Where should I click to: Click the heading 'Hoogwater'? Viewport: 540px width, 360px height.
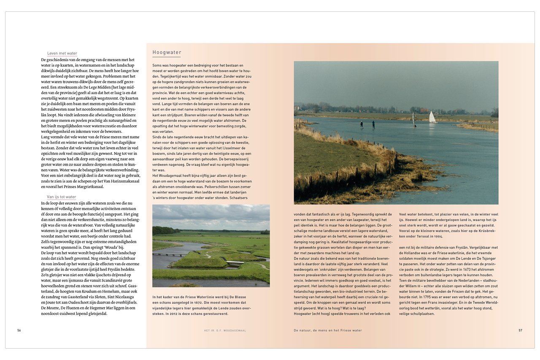coord(167,53)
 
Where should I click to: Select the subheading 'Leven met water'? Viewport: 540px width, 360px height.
coord(62,54)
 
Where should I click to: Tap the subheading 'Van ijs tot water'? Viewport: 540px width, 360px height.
coord(62,197)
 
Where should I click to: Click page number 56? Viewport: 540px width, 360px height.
coord(19,330)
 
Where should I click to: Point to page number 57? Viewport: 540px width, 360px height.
coord(520,330)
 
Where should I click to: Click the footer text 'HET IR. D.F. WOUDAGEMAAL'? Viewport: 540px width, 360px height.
coord(225,331)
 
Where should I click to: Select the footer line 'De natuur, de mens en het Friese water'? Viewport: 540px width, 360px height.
coord(328,330)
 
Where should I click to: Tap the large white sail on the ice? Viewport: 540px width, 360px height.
coord(432,117)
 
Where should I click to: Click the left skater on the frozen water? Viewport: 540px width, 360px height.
coord(361,124)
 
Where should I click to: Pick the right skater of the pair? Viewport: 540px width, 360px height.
coord(373,124)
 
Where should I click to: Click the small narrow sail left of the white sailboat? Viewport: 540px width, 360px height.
coord(413,119)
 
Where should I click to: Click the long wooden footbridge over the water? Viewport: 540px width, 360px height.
coord(165,254)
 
